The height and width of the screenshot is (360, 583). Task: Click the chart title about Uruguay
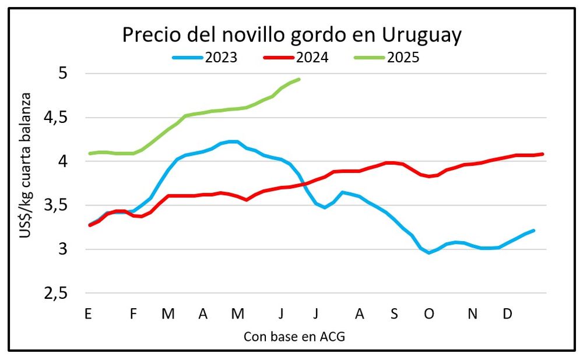pyautogui.click(x=291, y=35)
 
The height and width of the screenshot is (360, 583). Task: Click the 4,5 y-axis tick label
pyautogui.click(x=55, y=118)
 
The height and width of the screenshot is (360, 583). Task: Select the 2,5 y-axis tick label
pyautogui.click(x=55, y=294)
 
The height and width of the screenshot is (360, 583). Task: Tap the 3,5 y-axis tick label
pyautogui.click(x=55, y=206)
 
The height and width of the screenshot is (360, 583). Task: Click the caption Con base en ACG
pyautogui.click(x=290, y=336)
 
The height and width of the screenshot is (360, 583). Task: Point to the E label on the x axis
pyautogui.click(x=88, y=314)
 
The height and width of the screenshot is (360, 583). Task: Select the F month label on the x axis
pyautogui.click(x=133, y=314)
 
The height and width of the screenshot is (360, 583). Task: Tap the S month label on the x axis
pyautogui.click(x=394, y=314)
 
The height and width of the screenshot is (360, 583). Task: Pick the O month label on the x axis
pyautogui.click(x=429, y=314)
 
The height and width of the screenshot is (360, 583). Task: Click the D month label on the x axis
pyautogui.click(x=508, y=314)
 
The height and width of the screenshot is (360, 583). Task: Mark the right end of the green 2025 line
pyautogui.click(x=299, y=79)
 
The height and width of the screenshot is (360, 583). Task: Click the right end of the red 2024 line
pyautogui.click(x=543, y=154)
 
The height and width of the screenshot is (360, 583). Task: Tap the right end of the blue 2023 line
pyautogui.click(x=533, y=231)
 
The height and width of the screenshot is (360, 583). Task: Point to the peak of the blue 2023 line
pyautogui.click(x=232, y=142)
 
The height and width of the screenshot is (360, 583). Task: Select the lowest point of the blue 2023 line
pyautogui.click(x=429, y=253)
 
